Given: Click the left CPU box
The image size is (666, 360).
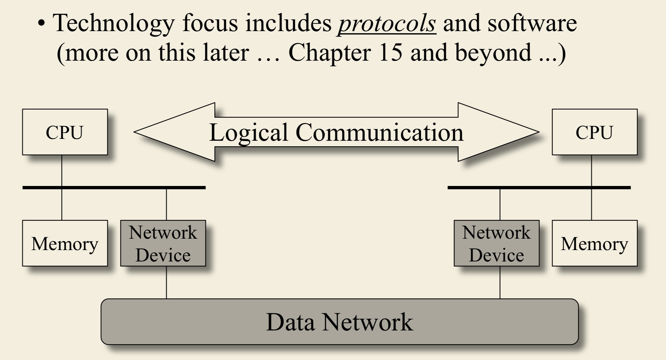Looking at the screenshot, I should click(65, 132).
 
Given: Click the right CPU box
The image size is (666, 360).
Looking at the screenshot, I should click(594, 132).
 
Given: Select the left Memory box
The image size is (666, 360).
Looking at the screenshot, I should click(65, 243).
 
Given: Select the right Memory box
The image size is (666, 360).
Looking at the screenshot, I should click(594, 243).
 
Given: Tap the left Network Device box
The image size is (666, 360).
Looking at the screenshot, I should click(163, 243).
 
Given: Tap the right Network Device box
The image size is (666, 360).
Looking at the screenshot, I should click(496, 243).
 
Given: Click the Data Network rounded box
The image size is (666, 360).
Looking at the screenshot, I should click(339, 322).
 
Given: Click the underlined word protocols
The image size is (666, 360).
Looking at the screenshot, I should click(387, 23).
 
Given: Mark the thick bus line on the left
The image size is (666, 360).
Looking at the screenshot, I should click(114, 188).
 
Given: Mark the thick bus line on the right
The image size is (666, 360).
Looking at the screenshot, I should click(539, 188).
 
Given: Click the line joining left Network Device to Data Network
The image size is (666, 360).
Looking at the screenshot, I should click(167, 282).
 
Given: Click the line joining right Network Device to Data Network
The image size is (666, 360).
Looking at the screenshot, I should click(500, 282).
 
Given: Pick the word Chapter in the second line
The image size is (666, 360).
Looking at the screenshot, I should click(329, 52).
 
